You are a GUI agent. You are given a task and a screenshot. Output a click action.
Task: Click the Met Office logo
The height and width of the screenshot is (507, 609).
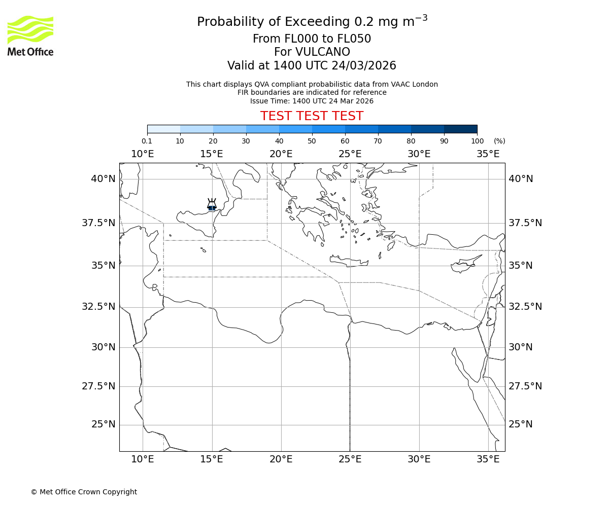pos(30,35)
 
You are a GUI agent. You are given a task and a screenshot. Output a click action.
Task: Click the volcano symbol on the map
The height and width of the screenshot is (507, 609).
pos(212,205)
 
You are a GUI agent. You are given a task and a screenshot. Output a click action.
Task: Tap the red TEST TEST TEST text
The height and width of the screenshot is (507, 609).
pos(312,116)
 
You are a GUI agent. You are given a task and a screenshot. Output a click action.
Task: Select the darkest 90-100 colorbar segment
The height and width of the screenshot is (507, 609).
pos(460,129)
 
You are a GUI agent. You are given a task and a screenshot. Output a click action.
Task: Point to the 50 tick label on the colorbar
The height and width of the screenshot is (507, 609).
pos(312,141)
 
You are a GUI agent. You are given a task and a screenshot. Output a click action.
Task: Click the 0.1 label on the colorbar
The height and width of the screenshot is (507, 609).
pos(147,141)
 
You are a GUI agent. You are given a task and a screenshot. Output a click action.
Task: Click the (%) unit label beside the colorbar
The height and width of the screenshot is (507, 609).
pos(499,141)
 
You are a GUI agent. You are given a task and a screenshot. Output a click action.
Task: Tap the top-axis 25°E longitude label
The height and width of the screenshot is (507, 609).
pos(350,154)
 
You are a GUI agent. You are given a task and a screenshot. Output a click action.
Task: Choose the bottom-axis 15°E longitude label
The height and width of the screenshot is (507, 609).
pos(212,459)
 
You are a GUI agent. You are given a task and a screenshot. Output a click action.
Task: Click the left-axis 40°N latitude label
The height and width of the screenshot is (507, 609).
pos(103,178)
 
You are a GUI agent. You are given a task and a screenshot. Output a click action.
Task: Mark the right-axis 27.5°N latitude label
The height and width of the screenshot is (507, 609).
pos(525,386)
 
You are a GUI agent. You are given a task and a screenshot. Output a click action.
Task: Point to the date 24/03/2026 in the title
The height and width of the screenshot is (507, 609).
pos(364,65)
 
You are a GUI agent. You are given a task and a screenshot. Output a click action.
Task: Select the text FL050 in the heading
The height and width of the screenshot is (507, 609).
pos(354,39)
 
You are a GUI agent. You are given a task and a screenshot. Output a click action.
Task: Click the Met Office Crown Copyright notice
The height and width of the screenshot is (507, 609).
pos(84,492)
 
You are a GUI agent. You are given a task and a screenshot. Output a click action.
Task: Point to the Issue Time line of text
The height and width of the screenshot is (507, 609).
pos(312,101)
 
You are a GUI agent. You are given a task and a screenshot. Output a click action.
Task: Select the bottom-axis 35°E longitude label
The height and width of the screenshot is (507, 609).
pos(488,459)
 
